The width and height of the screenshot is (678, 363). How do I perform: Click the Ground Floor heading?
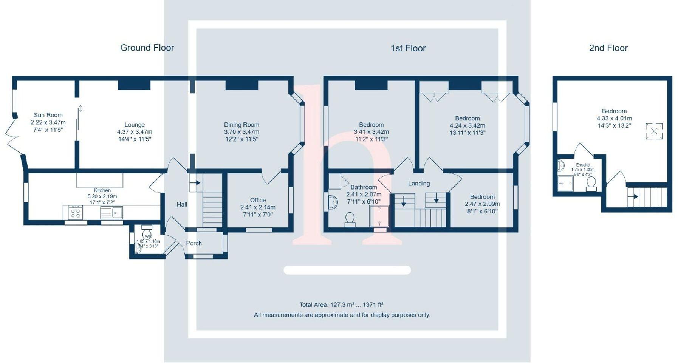click(147, 48)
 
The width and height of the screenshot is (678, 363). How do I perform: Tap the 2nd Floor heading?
click(608, 48)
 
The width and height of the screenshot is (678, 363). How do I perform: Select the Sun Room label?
click(48, 115)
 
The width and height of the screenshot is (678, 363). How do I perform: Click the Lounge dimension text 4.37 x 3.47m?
click(135, 132)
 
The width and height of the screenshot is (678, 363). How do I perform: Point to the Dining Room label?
click(241, 125)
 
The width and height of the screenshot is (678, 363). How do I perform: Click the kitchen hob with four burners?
click(75, 213)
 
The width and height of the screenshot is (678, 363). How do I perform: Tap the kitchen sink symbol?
click(111, 213)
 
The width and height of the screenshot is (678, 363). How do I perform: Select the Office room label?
click(258, 200)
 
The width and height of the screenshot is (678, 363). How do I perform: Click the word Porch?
click(194, 243)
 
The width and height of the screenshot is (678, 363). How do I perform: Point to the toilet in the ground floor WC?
click(147, 233)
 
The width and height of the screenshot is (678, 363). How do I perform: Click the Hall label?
click(182, 204)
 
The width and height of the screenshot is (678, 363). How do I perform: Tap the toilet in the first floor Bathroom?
click(350, 219)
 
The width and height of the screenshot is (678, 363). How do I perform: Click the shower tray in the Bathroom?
click(379, 216)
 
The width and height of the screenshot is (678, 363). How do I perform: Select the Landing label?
click(419, 184)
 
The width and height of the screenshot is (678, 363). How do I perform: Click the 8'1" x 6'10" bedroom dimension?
click(482, 211)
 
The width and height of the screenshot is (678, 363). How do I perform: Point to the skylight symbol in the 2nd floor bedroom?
click(654, 131)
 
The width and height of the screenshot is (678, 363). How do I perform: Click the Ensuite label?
click(583, 165)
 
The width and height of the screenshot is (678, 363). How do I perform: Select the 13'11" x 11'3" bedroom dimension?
click(467, 133)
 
